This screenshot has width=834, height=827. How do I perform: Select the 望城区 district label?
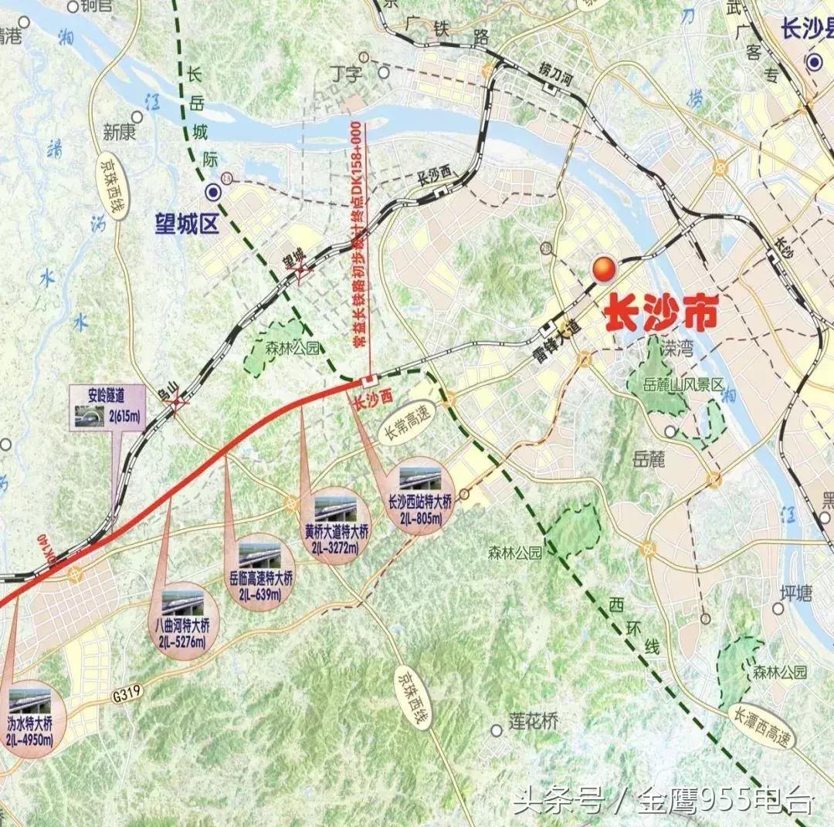tap(185, 224)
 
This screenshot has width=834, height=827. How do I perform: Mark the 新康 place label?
tap(120, 133)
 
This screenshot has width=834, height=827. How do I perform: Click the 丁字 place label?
tap(345, 74)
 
